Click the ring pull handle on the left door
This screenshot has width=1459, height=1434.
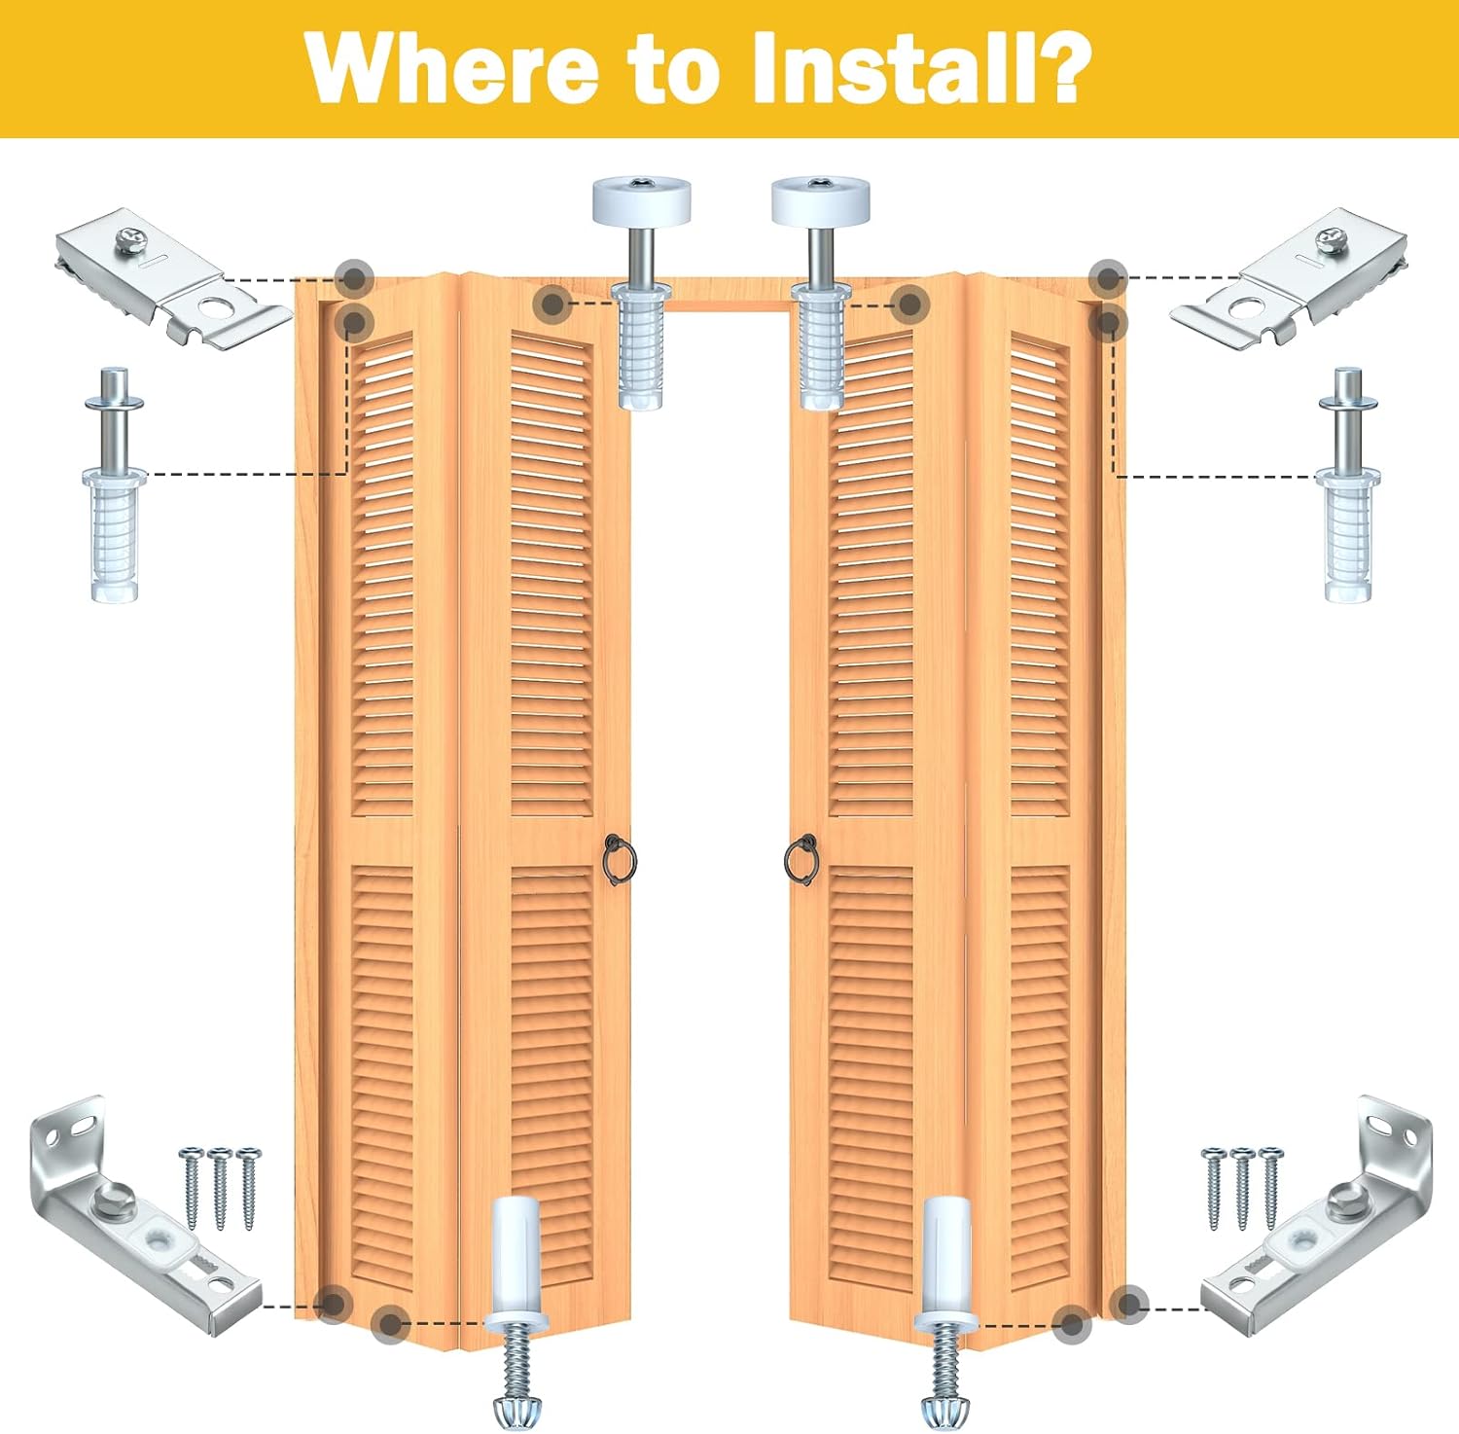click(619, 860)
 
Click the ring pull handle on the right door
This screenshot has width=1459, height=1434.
click(801, 860)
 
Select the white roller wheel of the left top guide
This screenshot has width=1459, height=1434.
click(641, 198)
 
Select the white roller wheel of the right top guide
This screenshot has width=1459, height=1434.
click(820, 198)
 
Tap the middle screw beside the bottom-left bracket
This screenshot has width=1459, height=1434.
click(220, 1187)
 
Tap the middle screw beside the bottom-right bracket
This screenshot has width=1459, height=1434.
click(1242, 1187)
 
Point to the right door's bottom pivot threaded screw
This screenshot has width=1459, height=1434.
click(943, 1362)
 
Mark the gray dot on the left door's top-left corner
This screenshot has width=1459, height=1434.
click(355, 278)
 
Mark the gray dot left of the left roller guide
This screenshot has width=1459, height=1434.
click(552, 304)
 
